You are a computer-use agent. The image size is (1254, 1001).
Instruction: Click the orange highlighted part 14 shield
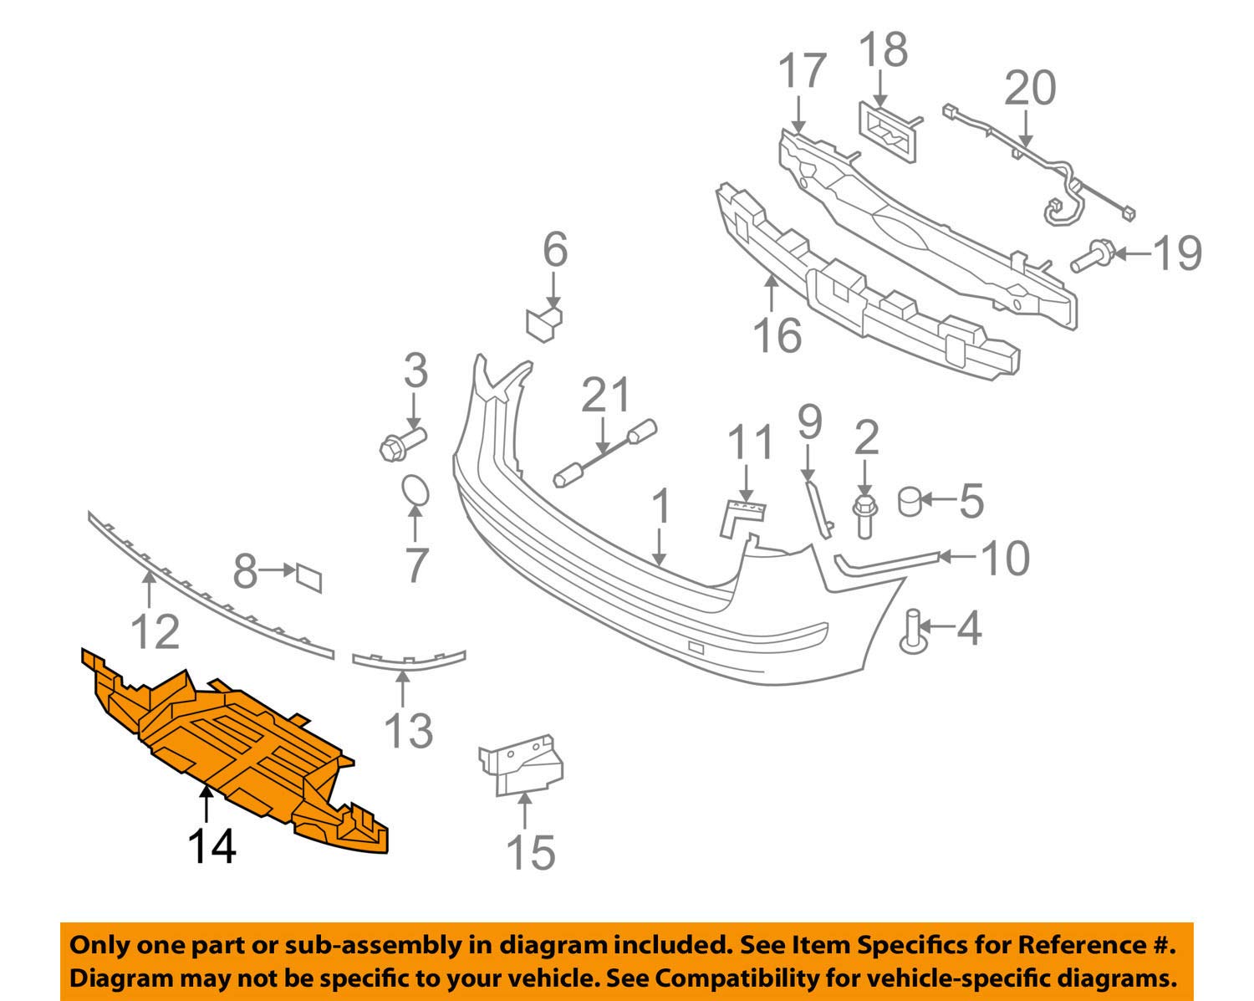tap(234, 744)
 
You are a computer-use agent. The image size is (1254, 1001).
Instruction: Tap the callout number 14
tap(212, 845)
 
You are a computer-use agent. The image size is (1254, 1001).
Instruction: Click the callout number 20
tap(1030, 89)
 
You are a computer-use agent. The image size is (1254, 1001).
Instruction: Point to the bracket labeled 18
tap(888, 129)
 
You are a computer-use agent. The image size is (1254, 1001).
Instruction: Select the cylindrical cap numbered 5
tap(910, 502)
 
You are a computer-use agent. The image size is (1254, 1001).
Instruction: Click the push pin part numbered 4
tap(913, 631)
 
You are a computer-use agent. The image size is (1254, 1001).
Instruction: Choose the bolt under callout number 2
tap(864, 514)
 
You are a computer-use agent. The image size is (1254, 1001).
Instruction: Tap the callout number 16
tap(777, 334)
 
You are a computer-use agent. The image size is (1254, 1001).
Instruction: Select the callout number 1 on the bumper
tap(660, 507)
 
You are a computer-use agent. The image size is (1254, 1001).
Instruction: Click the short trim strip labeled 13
tap(409, 658)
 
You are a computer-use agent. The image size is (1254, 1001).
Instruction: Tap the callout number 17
tap(803, 72)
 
